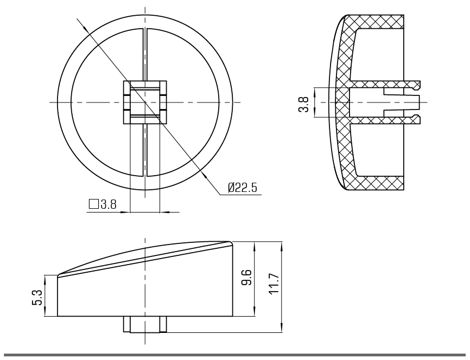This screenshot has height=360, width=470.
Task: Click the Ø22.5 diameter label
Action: click(x=242, y=188)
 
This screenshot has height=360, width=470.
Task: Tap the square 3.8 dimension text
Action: click(x=103, y=204)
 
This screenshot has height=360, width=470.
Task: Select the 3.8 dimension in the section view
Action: click(x=303, y=104)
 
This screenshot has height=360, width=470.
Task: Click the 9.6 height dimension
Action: click(x=247, y=278)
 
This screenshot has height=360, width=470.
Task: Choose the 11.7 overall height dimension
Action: click(x=274, y=284)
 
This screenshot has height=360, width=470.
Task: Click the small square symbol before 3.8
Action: click(x=94, y=204)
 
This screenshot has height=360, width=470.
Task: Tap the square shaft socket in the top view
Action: click(x=145, y=102)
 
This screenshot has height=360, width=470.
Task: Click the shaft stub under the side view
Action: click(x=145, y=324)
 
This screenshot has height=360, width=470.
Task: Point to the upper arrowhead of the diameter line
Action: click(x=85, y=28)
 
